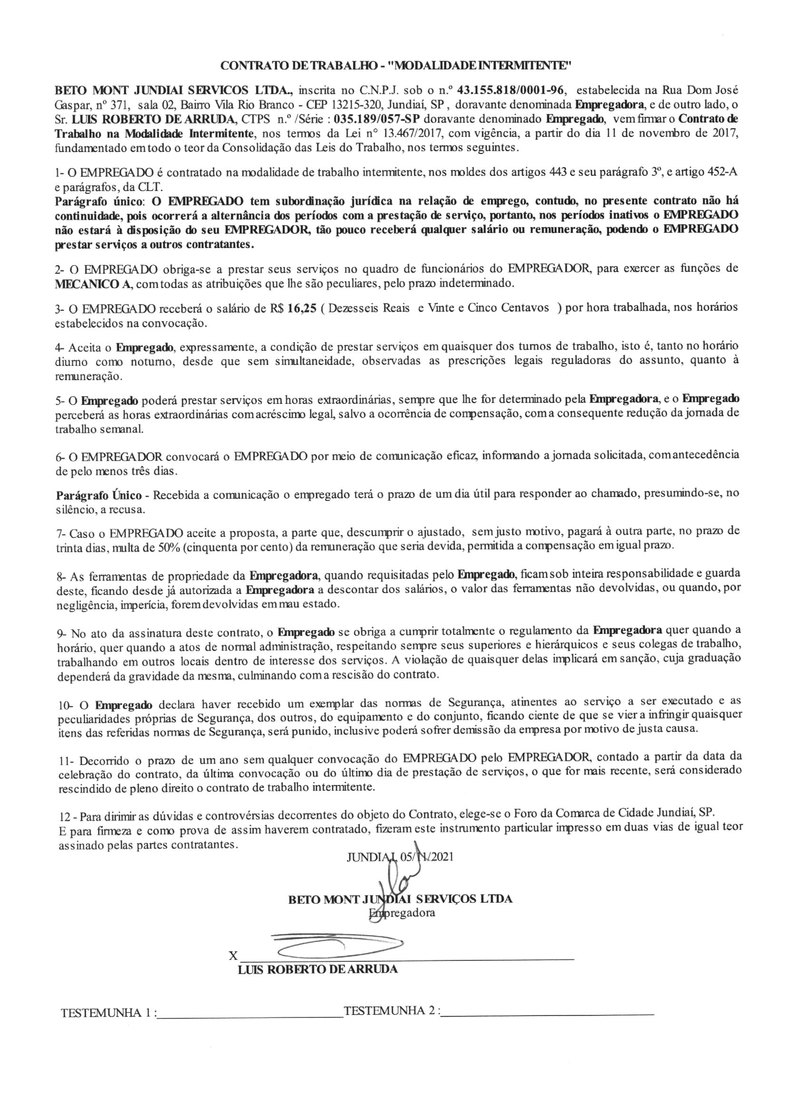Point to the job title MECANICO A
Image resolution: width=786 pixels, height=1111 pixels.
pos(94,284)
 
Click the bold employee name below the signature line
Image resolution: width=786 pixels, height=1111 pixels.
pos(318,969)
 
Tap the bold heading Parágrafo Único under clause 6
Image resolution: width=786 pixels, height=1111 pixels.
pos(99,496)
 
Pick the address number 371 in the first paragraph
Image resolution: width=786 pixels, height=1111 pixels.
pos(121,105)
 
